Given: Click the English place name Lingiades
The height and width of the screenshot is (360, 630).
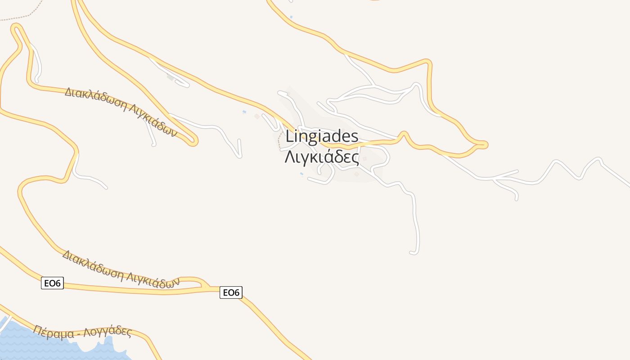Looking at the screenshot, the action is [x=322, y=136].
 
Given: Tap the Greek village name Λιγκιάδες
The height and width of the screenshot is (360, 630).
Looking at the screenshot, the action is [x=322, y=157].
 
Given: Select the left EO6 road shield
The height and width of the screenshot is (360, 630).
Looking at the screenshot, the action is [x=52, y=283].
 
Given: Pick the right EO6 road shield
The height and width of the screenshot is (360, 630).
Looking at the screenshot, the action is [x=231, y=292].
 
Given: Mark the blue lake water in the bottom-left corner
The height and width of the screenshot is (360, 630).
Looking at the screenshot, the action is [x=27, y=344].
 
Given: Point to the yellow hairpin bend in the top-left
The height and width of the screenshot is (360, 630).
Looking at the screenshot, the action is [x=16, y=28].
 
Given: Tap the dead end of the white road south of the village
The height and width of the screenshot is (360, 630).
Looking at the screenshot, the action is [x=412, y=253].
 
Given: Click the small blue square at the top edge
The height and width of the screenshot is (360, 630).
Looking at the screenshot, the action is [x=291, y=17].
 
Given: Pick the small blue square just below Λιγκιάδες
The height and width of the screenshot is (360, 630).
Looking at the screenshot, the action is [x=301, y=174].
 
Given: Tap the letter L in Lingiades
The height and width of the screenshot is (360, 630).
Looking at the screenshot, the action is [x=289, y=136].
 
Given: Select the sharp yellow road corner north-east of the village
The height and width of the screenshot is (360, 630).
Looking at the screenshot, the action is [x=428, y=62].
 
